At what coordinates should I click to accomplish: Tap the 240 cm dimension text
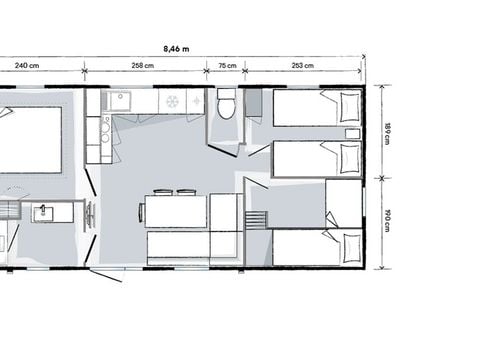27,66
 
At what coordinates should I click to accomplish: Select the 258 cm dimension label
143,66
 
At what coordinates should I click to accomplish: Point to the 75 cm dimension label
227,66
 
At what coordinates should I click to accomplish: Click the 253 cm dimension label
302,66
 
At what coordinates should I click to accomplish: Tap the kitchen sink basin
120,101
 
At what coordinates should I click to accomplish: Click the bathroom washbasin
43,212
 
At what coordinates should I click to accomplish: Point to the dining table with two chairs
175,211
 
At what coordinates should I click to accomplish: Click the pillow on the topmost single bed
348,105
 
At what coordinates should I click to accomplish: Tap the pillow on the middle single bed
348,158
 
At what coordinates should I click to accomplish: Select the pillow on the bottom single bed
348,247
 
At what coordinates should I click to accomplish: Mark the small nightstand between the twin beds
352,132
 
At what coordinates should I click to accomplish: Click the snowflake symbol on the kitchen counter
172,100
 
